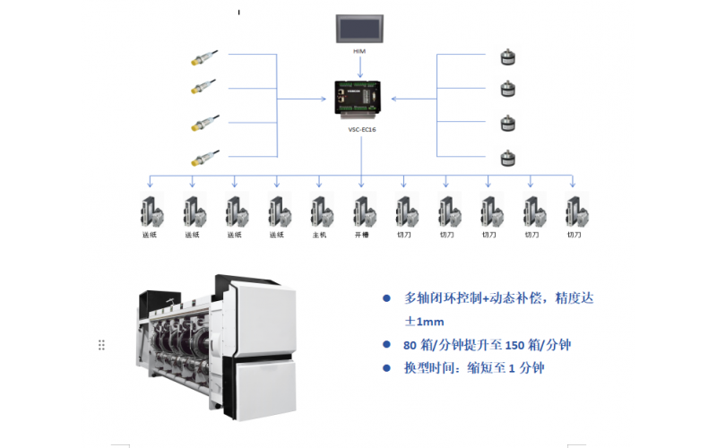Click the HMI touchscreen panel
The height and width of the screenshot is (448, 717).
pyautogui.click(x=358, y=29)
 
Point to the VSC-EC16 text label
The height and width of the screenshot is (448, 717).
pyautogui.click(x=360, y=128)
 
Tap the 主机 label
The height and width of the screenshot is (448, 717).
pyautogui.click(x=319, y=235)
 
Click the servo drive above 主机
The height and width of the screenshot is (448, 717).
pyautogui.click(x=319, y=211)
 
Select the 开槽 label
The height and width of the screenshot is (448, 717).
pyautogui.click(x=361, y=235)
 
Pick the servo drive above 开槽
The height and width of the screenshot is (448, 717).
pyautogui.click(x=361, y=211)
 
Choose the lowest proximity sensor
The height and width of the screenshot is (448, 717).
pyautogui.click(x=200, y=160)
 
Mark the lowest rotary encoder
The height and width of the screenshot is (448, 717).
pyautogui.click(x=505, y=158)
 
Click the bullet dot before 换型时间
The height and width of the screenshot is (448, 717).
pyautogui.click(x=386, y=367)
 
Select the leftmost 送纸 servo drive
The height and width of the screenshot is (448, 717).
pyautogui.click(x=150, y=211)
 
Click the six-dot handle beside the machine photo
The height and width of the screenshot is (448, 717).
pyautogui.click(x=102, y=345)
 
